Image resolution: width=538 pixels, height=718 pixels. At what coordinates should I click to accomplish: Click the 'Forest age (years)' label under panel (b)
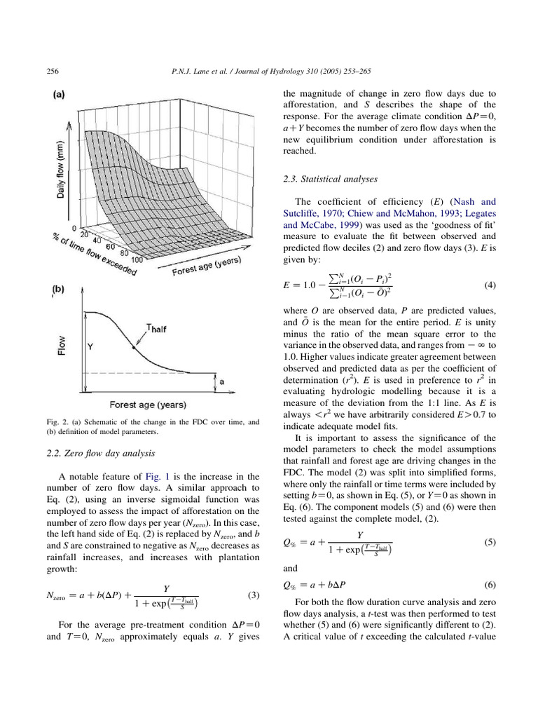[x=146, y=405]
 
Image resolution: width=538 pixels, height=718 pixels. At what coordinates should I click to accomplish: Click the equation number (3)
[x=254, y=595]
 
